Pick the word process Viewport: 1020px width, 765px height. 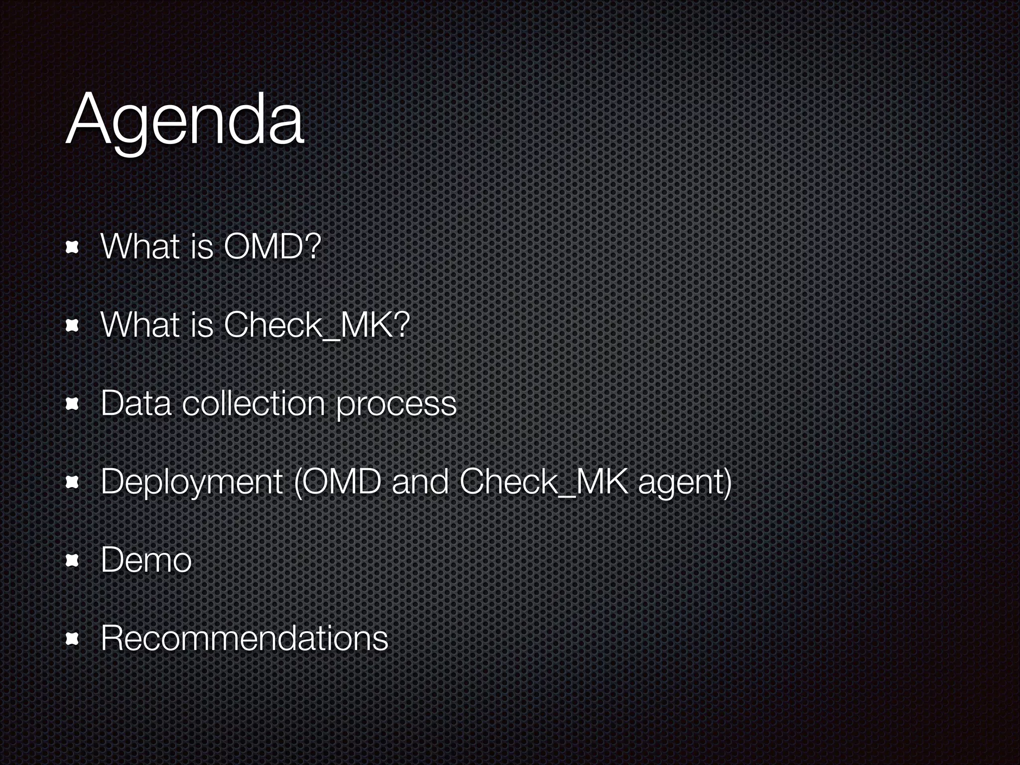pyautogui.click(x=396, y=404)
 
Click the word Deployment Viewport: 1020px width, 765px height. pyautogui.click(x=192, y=482)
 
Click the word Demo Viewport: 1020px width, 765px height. pyautogui.click(x=146, y=560)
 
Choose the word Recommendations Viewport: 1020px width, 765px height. pyautogui.click(x=244, y=638)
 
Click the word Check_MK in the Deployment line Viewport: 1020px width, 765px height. pyautogui.click(x=543, y=482)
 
